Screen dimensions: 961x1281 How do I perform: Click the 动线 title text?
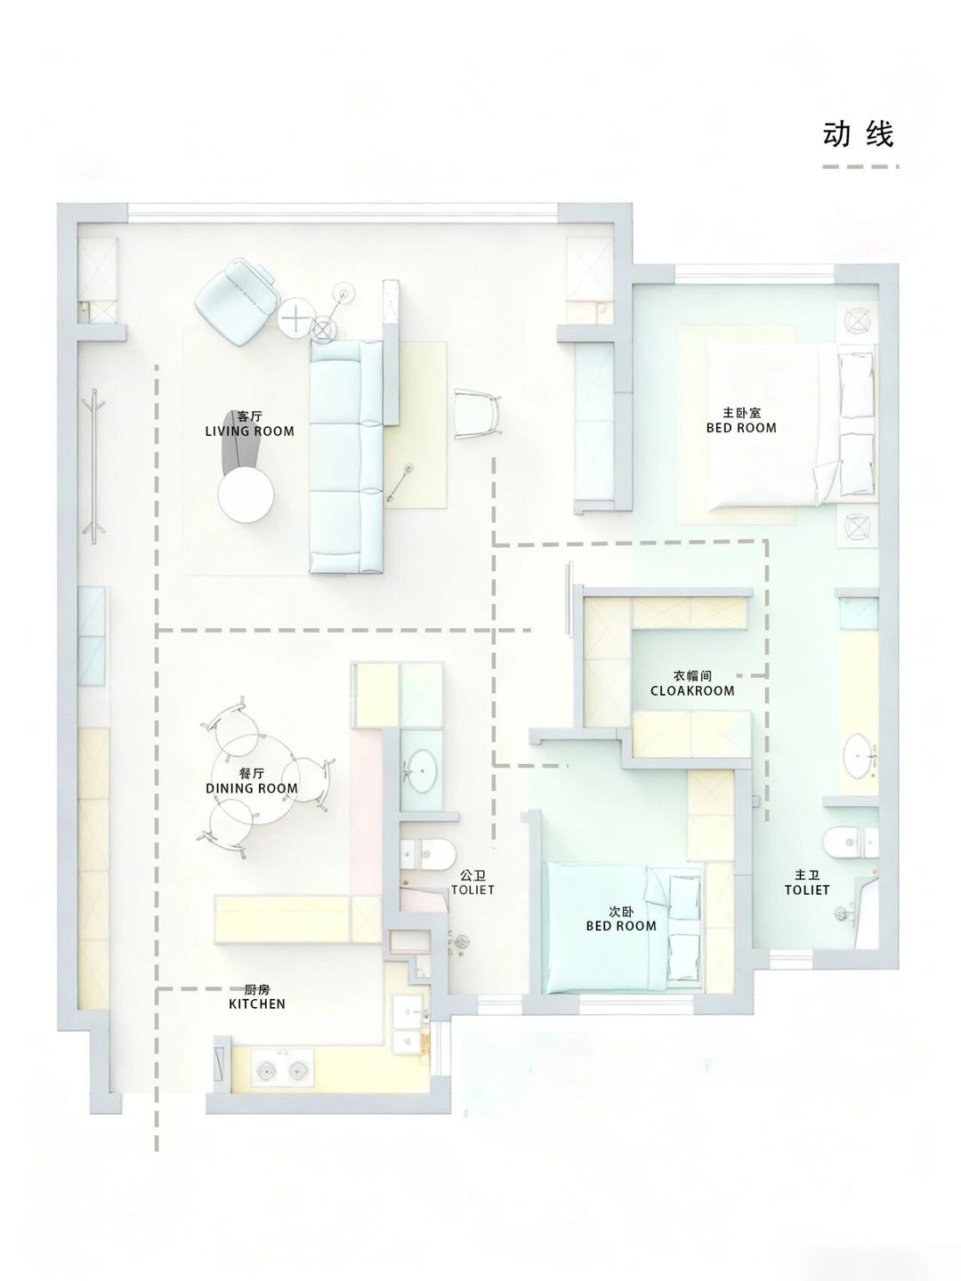click(x=859, y=134)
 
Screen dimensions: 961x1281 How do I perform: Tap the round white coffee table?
click(x=246, y=495)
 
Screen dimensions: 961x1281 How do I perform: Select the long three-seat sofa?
click(x=347, y=456)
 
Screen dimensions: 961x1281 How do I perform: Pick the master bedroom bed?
click(x=792, y=425)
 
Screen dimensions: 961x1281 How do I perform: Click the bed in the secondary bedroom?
click(x=623, y=927)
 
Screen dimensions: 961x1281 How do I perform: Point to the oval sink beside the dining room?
click(x=421, y=769)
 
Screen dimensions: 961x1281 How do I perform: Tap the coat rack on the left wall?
click(x=93, y=467)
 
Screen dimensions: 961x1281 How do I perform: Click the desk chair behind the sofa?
click(x=478, y=415)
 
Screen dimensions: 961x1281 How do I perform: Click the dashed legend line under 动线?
click(x=860, y=166)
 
